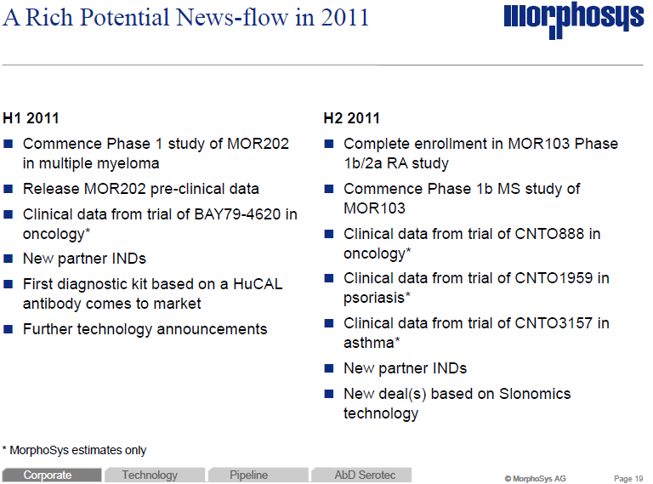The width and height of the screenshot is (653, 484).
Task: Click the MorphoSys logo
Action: [x=573, y=19]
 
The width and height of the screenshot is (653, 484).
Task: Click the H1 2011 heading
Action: [x=31, y=118]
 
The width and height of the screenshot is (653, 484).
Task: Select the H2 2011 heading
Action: [x=352, y=118]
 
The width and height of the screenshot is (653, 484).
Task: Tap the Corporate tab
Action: [x=48, y=475]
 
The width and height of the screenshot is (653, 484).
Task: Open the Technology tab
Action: [x=150, y=475]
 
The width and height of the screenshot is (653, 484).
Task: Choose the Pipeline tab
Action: [x=249, y=475]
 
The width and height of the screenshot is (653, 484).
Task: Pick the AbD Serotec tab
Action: [x=365, y=475]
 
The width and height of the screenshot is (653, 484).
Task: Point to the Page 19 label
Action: [x=628, y=478]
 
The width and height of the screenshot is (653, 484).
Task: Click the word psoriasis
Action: [x=373, y=298]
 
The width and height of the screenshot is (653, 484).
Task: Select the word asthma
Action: [x=369, y=343]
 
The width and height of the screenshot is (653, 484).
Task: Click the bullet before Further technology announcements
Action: [x=9, y=330]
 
